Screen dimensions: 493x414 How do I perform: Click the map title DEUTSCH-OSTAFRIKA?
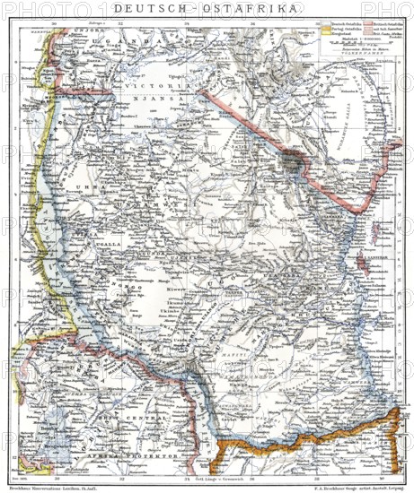tap(207, 9)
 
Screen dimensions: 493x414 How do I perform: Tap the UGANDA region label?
tap(125, 44)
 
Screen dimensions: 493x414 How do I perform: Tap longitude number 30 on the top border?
tap(54, 22)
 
